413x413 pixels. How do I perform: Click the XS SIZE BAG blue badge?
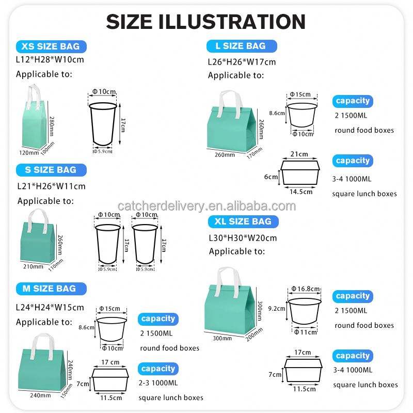[51, 46]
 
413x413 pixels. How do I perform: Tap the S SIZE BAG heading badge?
[51, 170]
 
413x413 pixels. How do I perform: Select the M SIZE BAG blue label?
[51, 289]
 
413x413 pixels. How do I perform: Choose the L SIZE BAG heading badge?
[242, 46]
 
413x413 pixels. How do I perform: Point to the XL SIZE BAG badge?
[243, 221]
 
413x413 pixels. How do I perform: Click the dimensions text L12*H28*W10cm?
[50, 59]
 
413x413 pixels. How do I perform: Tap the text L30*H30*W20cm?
[243, 238]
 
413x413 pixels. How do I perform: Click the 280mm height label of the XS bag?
[52, 126]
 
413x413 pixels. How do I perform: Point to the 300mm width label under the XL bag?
[223, 338]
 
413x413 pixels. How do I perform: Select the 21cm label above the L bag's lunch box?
[299, 154]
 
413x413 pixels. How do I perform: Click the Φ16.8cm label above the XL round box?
[305, 289]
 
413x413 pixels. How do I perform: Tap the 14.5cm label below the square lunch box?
[301, 192]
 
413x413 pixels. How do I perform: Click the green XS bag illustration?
[34, 117]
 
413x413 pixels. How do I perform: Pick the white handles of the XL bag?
[229, 281]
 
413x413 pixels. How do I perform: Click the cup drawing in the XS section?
[103, 124]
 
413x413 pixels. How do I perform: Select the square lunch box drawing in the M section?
[110, 379]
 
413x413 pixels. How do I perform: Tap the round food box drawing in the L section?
[302, 115]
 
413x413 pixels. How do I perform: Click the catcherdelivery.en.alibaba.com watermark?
[207, 206]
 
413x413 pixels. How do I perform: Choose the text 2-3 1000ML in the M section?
[158, 383]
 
